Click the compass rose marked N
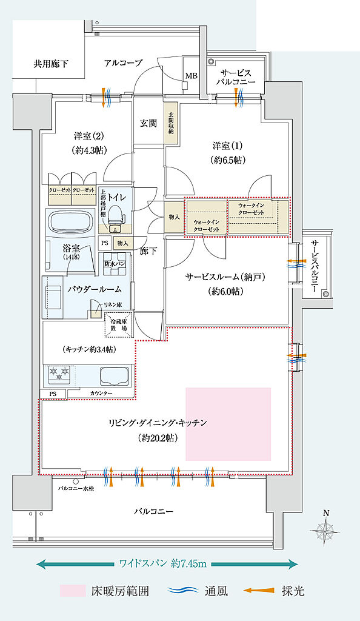click(x=325, y=531)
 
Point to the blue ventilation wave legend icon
click(x=182, y=591)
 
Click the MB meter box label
click(x=191, y=76)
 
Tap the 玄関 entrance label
click(x=148, y=123)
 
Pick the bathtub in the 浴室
click(x=72, y=222)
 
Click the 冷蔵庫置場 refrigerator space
click(x=119, y=325)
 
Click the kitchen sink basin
click(x=114, y=376)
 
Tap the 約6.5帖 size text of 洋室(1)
click(x=228, y=160)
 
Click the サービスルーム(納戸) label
click(x=226, y=277)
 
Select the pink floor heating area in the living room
click(x=228, y=423)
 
